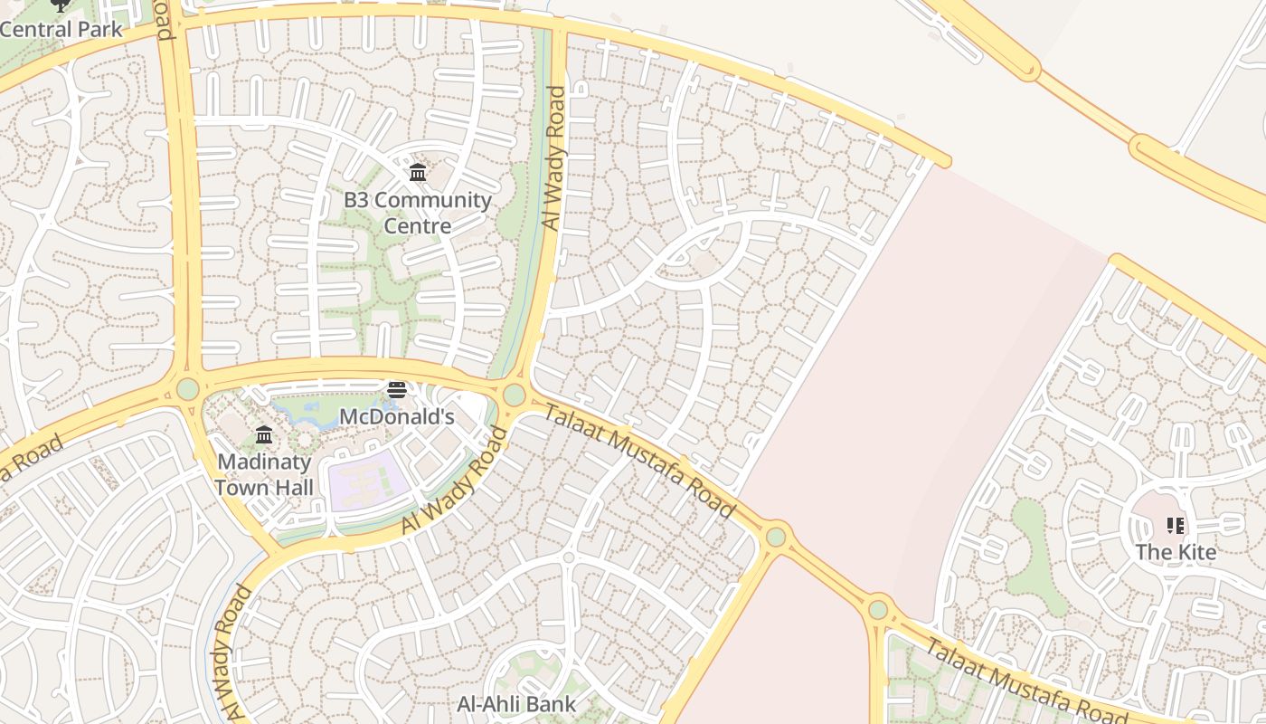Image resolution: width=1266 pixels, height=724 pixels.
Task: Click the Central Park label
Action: tap(60, 29)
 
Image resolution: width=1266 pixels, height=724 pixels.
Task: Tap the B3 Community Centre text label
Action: tap(418, 212)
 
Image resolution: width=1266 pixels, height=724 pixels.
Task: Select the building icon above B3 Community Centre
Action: tap(418, 173)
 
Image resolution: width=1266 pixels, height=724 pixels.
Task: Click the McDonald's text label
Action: tap(396, 416)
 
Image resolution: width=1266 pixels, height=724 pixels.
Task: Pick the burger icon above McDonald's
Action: tap(396, 390)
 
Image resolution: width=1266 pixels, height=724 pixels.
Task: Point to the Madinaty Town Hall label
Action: tap(264, 474)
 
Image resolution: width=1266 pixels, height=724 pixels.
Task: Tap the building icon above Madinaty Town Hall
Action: tap(264, 435)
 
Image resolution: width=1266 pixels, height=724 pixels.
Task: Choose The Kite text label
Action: tap(1175, 551)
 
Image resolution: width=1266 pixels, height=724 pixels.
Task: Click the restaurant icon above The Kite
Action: tap(1175, 526)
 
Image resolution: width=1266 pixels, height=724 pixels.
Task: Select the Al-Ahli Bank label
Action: tap(515, 703)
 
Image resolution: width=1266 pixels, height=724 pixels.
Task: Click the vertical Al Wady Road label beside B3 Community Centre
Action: tap(553, 158)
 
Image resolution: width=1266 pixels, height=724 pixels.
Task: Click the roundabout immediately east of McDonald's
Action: tap(514, 395)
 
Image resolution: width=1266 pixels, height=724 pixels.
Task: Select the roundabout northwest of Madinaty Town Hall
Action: tap(187, 389)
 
